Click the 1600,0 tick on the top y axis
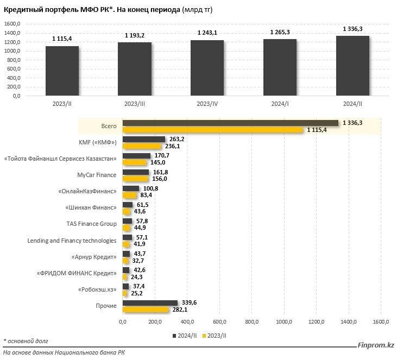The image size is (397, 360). [12, 24]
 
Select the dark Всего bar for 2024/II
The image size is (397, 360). [230, 123]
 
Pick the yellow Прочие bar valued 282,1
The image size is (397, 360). [146, 310]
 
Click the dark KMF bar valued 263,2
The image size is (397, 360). [144, 140]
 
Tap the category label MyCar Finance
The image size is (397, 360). [97, 175]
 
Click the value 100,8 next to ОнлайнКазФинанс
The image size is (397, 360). [149, 188]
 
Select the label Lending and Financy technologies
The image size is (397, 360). [72, 241]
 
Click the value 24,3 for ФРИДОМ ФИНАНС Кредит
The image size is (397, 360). [136, 277]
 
